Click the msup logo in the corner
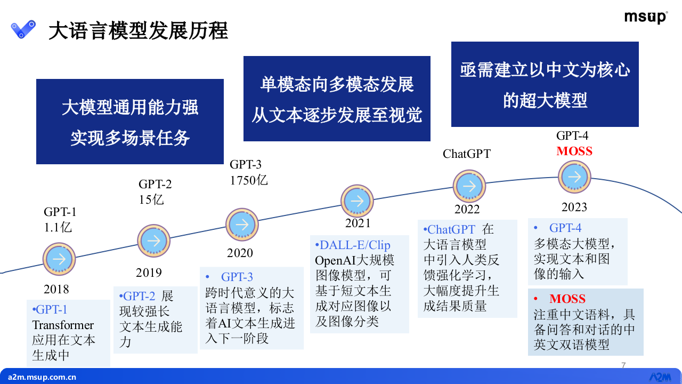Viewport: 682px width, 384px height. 646,17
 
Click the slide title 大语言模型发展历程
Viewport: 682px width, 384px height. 138,31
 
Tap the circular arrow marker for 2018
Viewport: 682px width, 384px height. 59,259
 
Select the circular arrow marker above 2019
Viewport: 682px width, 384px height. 153,241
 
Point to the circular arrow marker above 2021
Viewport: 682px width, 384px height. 357,201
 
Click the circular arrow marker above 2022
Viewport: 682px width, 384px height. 469,186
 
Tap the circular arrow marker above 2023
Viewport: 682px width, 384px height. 574,177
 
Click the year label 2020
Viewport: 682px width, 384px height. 240,253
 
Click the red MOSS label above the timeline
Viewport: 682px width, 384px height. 574,151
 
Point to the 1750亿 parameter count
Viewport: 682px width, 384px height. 248,180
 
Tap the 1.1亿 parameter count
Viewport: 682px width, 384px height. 58,227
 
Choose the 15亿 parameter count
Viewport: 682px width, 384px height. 151,199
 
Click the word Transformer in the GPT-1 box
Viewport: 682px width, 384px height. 63,325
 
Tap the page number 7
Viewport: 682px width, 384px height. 623,365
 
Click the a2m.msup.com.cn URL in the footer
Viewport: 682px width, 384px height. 42,377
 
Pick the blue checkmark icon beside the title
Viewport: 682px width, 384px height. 23,29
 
